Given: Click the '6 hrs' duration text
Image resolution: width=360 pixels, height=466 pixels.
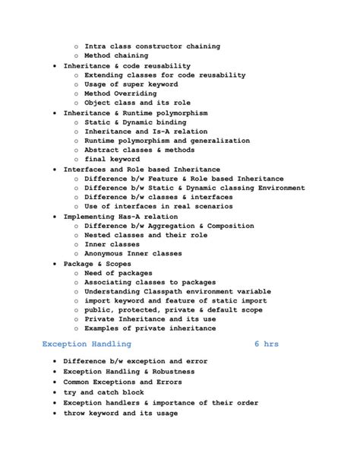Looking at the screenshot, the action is tap(267, 344).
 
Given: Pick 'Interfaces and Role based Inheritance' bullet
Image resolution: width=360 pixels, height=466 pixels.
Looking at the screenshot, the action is tap(142, 169).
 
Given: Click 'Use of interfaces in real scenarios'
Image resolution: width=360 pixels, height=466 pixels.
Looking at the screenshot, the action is tap(158, 206).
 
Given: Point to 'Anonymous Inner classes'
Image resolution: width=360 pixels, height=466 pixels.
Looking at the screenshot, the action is tap(133, 253).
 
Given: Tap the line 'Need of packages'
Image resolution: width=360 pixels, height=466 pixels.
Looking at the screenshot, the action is tap(118, 272).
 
